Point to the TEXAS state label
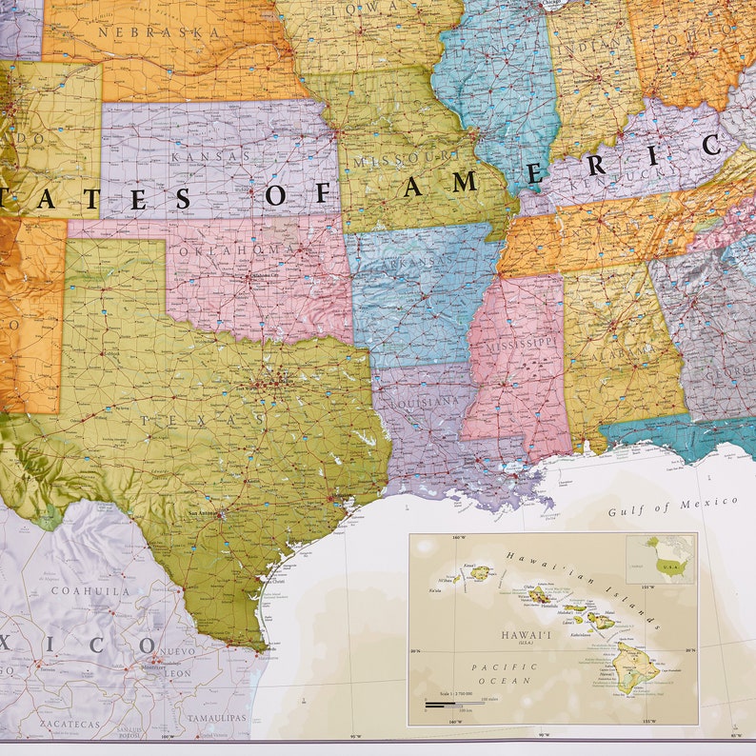[201, 420]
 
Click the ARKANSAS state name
[412, 260]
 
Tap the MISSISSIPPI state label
[520, 341]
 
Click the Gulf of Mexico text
[673, 506]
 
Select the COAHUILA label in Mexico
[90, 590]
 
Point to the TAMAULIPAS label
[215, 717]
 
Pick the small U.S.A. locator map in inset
[661, 557]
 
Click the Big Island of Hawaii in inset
[633, 665]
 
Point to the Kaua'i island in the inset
[480, 573]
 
